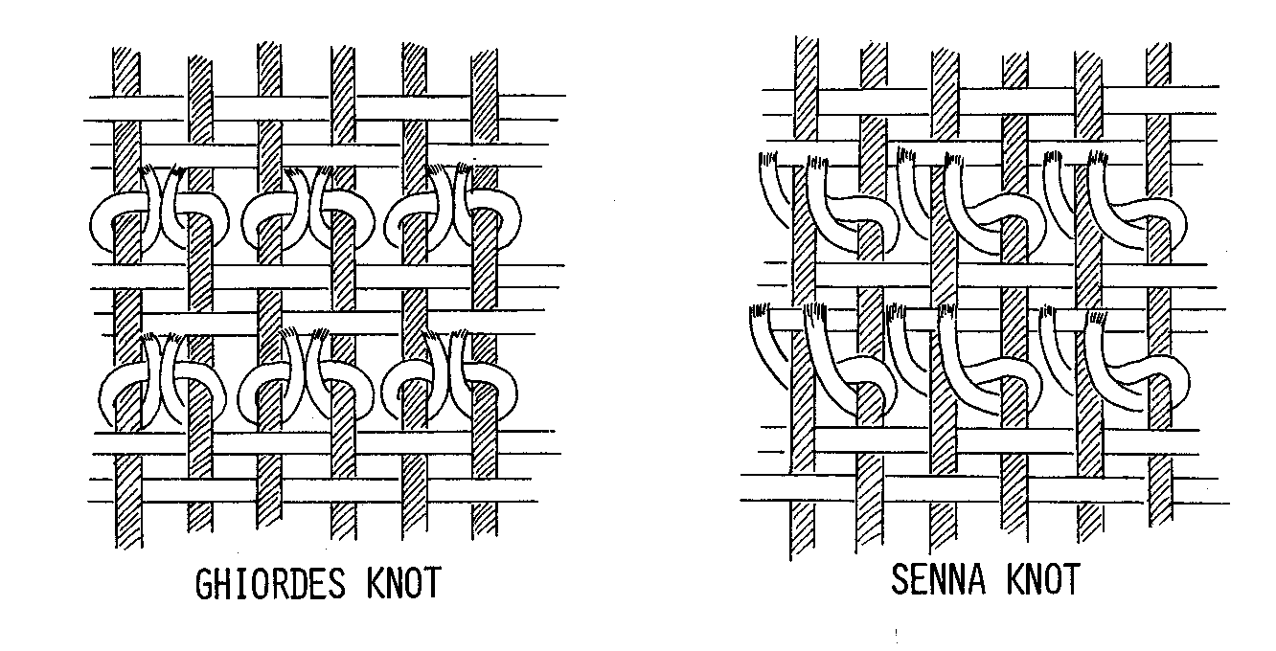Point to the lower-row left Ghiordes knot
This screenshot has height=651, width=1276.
161,383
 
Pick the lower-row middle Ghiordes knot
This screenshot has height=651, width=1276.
305,383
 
